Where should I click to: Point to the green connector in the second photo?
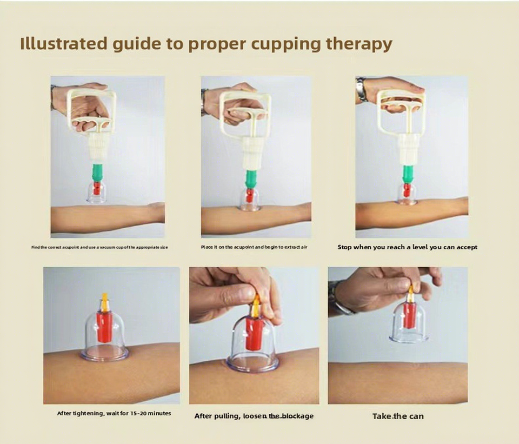click(x=251, y=179)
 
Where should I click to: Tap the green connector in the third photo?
click(x=408, y=174)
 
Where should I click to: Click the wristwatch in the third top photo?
click(x=361, y=89)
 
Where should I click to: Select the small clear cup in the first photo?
click(x=96, y=193)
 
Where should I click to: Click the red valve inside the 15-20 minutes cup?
click(x=104, y=327)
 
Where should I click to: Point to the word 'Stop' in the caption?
click(x=344, y=247)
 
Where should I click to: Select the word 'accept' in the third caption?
click(x=467, y=247)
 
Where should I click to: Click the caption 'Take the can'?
click(x=398, y=416)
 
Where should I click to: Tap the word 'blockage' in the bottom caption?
click(x=297, y=416)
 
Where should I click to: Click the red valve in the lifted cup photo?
click(x=410, y=315)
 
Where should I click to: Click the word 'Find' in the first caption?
click(x=35, y=247)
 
